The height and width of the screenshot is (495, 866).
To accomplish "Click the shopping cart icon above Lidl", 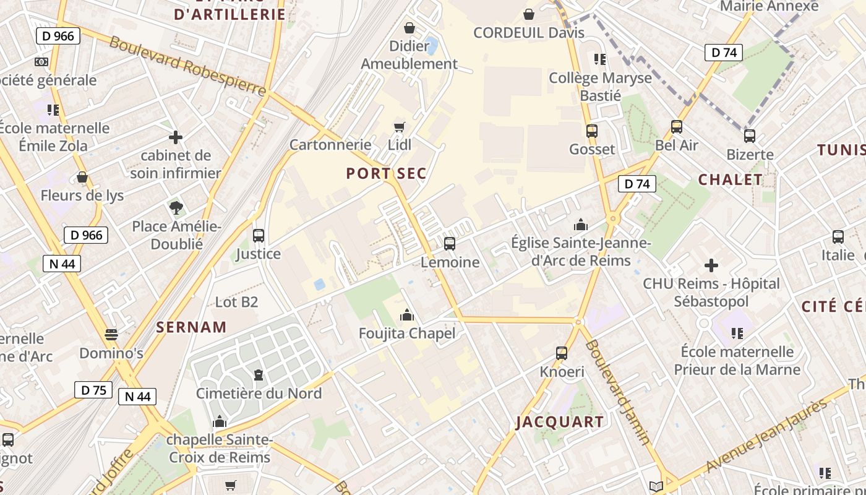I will pos(399,127).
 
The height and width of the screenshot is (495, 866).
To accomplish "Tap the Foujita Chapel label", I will pos(407,334).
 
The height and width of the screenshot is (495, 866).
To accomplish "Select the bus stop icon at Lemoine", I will pos(450,244).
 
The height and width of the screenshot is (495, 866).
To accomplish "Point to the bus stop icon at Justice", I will pos(259,236).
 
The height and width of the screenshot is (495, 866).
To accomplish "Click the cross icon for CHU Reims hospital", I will pos(711,265).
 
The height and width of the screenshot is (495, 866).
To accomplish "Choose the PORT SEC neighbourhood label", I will pos(387,174).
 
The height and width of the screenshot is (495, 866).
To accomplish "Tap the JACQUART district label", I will pos(560,423).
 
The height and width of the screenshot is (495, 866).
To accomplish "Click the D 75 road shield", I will pos(93,390).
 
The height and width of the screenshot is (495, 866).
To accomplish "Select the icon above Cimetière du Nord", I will pos(258,375).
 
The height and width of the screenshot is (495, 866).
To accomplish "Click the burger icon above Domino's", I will pos(111,335).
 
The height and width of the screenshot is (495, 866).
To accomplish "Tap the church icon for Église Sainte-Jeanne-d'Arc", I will pos(581,225).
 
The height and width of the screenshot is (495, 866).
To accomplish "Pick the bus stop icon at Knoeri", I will pos(562,353).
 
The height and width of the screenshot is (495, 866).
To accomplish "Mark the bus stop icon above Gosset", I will pos(592,131).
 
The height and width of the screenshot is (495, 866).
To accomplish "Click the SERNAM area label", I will pos(191,327).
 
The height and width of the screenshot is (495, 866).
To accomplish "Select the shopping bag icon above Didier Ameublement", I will pos(409,28).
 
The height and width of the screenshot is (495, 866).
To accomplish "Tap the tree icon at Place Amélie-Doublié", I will pos(176,208).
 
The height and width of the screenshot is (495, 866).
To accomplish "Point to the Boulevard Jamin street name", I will pos(618,392).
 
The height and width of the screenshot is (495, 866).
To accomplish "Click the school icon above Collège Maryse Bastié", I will pos(599,59).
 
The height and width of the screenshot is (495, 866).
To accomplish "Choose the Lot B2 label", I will pos(236,303).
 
